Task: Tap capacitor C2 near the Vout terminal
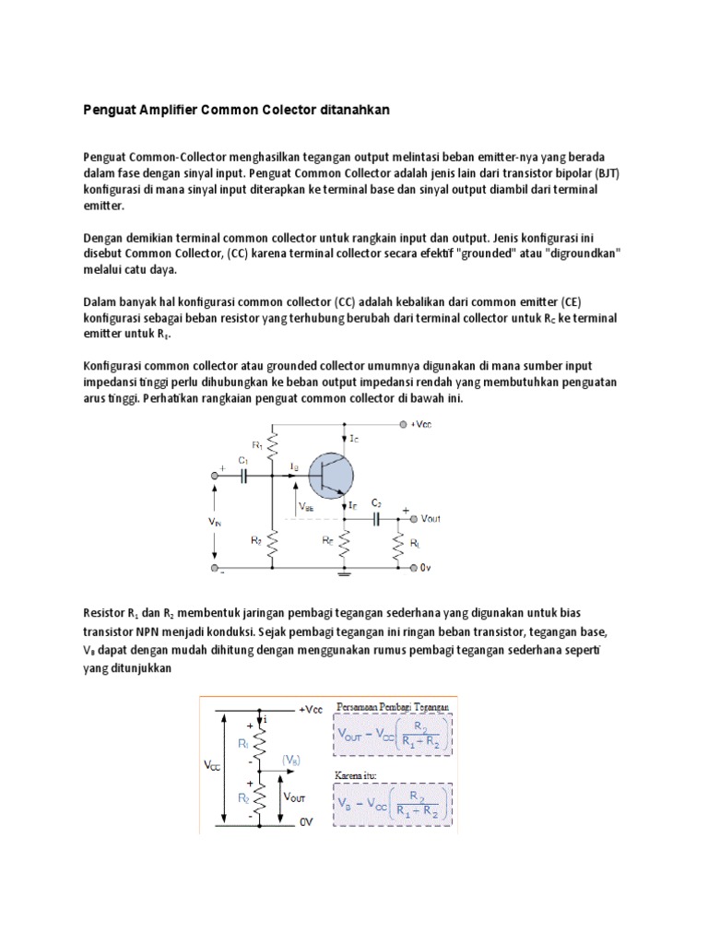tap(377, 519)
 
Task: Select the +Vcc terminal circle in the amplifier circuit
tap(403, 424)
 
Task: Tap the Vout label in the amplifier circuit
tap(431, 519)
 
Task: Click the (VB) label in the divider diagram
tap(292, 760)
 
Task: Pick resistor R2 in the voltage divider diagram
tap(261, 796)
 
